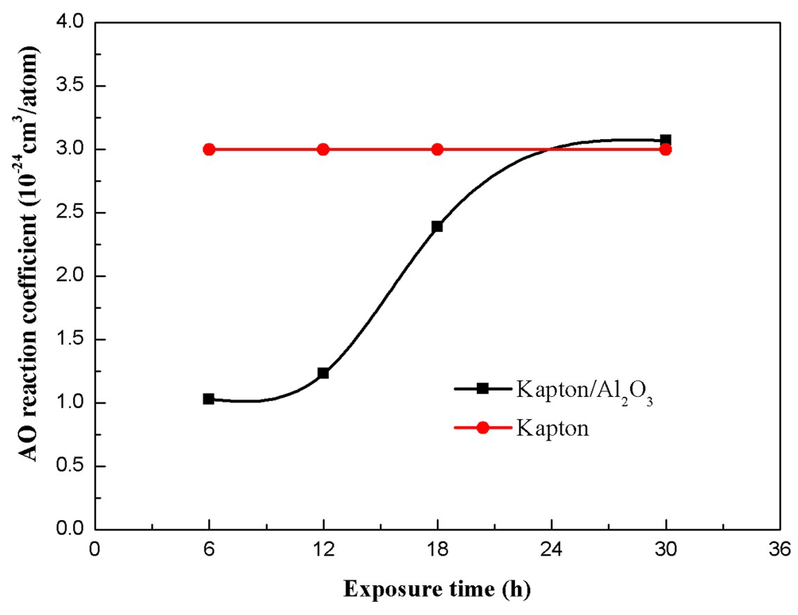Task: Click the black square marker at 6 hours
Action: click(209, 399)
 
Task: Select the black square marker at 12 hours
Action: click(323, 373)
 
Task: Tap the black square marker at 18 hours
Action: click(437, 227)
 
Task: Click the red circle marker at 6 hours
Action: click(209, 149)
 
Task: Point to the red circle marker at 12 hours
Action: click(323, 149)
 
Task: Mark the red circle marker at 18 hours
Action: click(437, 149)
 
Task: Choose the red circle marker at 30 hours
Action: click(666, 149)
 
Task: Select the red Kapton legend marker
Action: click(483, 428)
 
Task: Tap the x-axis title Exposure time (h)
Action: click(437, 589)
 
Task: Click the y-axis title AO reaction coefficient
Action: click(28, 254)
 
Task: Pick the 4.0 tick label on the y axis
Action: click(70, 23)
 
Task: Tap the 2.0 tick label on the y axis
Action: click(70, 276)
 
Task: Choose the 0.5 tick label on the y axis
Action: click(70, 466)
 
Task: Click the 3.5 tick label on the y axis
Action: click(70, 86)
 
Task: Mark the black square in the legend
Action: click(483, 389)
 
